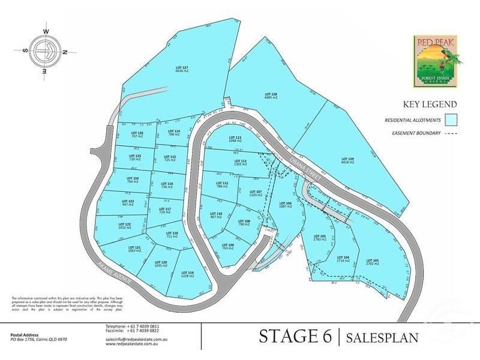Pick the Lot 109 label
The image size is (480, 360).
228,246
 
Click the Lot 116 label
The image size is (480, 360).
167,185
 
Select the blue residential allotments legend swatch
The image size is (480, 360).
451,120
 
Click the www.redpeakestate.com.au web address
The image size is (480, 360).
131,345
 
